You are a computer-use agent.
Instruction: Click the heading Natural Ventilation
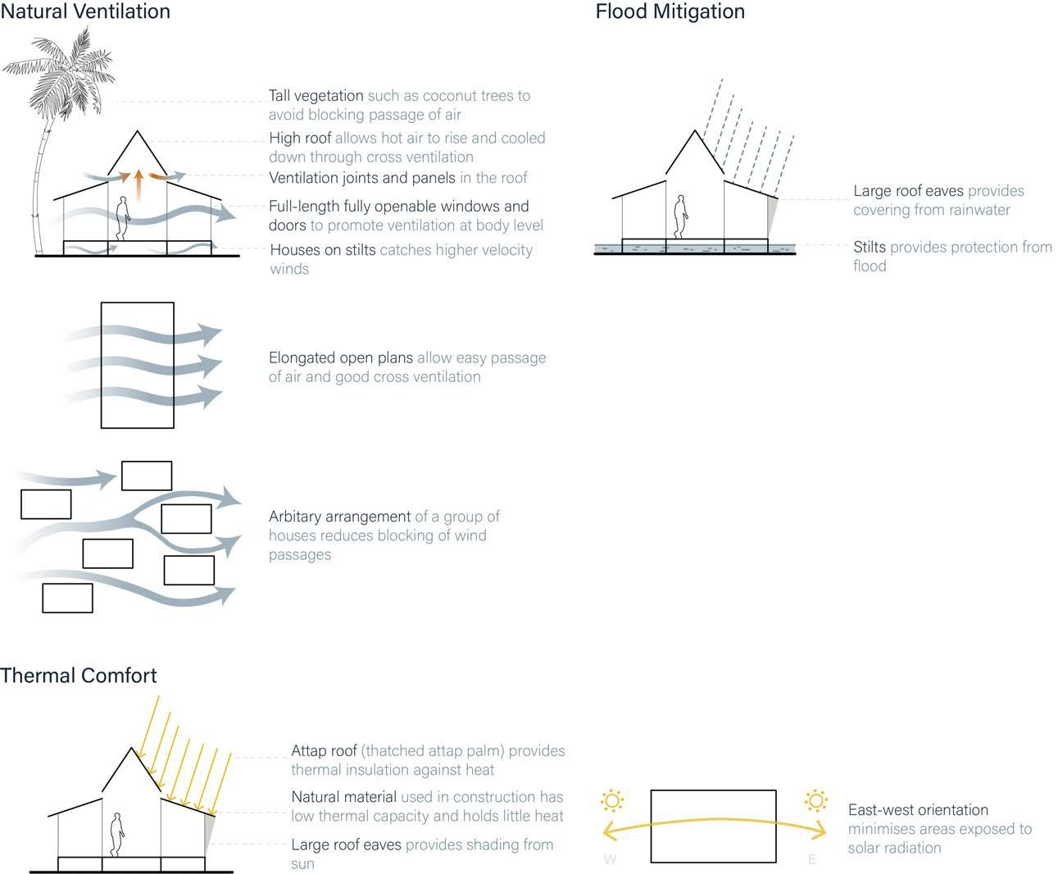coord(85,11)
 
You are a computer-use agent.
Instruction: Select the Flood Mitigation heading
coord(670,11)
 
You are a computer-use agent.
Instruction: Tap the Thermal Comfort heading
coord(79,676)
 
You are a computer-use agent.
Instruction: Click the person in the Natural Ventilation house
coord(122,217)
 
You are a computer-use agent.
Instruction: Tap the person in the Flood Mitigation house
coord(680,216)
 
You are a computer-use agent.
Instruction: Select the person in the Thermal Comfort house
coord(117,835)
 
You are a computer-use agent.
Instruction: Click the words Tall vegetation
coord(316,96)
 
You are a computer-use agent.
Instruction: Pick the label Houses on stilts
coord(322,250)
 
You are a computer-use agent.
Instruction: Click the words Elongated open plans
coord(340,358)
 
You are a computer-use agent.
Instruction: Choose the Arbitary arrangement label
coord(339,517)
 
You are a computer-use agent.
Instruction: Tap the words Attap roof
coord(324,751)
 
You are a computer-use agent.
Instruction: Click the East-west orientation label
coord(918,810)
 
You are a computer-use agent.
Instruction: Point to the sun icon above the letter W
coord(612,800)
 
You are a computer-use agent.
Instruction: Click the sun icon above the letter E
coord(815,800)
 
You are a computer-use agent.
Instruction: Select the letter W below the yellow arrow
coord(610,859)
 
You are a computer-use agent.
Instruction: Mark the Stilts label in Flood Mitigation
coord(869,247)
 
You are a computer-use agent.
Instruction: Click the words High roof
coord(300,139)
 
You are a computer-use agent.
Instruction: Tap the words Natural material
coord(343,797)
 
